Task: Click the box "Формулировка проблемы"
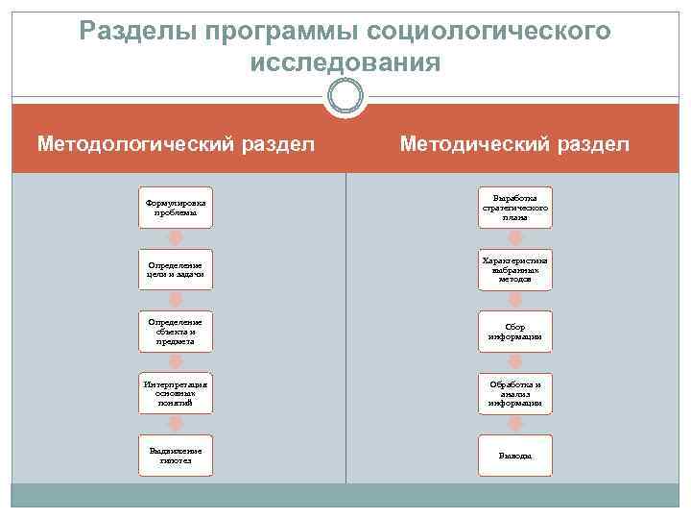(x=176, y=208)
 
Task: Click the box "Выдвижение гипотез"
(x=176, y=456)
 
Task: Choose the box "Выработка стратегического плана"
(x=516, y=208)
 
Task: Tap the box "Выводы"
(x=516, y=456)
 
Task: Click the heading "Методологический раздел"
(x=176, y=143)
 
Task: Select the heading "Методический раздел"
(x=514, y=143)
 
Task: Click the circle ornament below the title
(x=345, y=97)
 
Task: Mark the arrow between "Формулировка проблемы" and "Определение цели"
(x=176, y=238)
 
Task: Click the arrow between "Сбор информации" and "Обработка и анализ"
(x=516, y=362)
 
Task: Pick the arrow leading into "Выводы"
(x=516, y=425)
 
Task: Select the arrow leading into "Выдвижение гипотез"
(x=176, y=425)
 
